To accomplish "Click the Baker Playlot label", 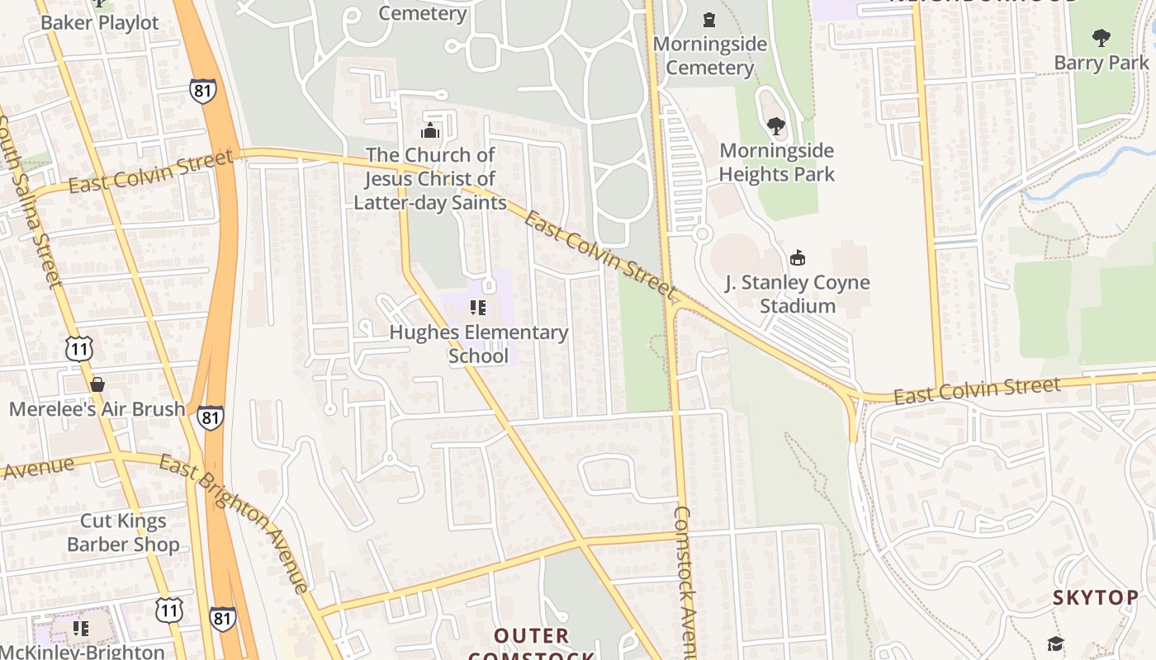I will click(99, 23).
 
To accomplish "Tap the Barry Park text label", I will click(1101, 63).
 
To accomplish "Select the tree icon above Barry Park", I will click(1101, 37).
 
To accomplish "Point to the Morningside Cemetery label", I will click(709, 56).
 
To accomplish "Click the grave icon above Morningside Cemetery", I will click(708, 19).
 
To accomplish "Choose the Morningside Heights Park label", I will click(776, 163).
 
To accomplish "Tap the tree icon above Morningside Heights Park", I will click(775, 126).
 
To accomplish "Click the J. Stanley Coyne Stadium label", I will click(797, 295).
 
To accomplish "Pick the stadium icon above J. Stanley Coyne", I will click(798, 258).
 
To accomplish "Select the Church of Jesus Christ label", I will click(430, 179).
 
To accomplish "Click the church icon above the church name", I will click(430, 131).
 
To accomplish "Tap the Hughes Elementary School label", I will click(478, 344).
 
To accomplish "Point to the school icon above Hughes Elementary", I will click(477, 308).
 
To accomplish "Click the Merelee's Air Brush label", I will click(97, 409).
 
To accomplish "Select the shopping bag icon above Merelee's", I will click(97, 384).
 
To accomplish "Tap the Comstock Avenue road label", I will click(685, 577).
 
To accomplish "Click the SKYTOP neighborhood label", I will click(1095, 598).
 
